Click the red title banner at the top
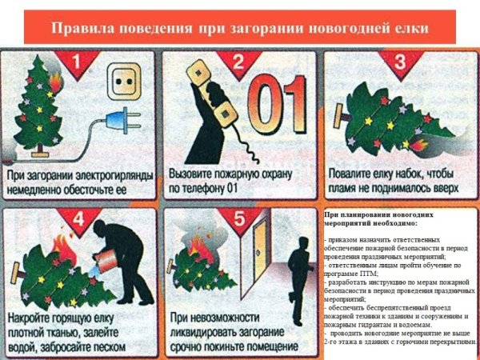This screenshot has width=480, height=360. [x=240, y=28]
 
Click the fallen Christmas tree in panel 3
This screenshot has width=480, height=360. [x=392, y=124]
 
